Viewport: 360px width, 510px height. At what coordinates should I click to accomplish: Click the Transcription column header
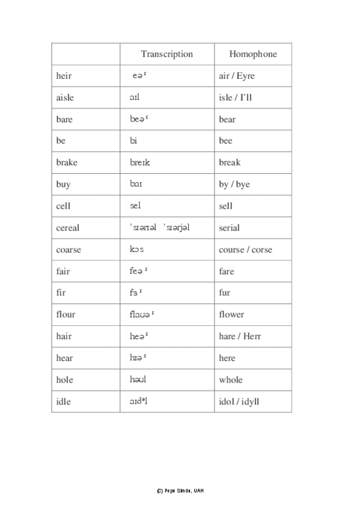[166, 54]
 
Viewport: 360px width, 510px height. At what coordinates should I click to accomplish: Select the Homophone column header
[253, 54]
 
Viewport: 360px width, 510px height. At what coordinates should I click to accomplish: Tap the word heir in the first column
[63, 76]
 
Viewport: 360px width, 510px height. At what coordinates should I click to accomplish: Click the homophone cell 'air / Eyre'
[237, 76]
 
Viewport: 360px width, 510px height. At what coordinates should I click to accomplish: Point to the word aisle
[65, 97]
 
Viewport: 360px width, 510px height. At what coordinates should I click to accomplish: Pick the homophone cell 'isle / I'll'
[236, 97]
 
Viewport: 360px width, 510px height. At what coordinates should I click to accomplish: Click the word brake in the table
[67, 162]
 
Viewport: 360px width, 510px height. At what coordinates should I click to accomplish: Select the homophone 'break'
[230, 162]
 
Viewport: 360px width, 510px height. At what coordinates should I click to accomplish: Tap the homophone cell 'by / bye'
[234, 185]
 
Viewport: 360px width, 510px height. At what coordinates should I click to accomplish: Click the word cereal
[67, 228]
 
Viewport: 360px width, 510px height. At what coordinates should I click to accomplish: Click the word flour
[66, 315]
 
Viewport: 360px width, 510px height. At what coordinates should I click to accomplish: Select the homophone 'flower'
[231, 315]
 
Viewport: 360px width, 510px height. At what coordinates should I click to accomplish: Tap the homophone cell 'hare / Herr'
[240, 336]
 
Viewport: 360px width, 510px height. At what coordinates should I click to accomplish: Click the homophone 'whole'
[231, 379]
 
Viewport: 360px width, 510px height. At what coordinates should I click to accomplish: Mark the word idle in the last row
[63, 401]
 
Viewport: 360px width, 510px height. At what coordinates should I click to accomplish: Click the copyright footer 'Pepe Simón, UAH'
[180, 491]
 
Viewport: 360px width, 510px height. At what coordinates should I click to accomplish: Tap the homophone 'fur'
[225, 293]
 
